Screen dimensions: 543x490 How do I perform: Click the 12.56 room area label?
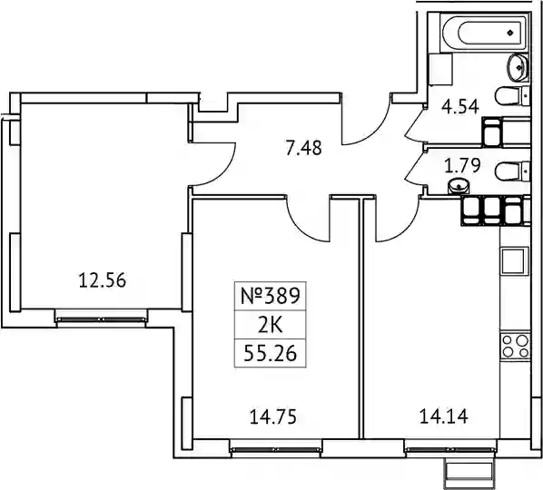pos(103,280)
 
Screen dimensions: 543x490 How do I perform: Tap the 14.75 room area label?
pos(273,416)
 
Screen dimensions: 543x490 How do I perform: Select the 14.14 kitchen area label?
pos(444,416)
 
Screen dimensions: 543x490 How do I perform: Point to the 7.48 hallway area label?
pos(304,147)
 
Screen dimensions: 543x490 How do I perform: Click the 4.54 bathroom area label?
pos(460,106)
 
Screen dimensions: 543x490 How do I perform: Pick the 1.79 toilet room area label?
pos(462,165)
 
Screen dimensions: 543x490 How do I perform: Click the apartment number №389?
pos(270,296)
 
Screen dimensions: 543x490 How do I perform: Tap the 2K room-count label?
pos(270,325)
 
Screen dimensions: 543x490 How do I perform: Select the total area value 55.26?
pos(270,354)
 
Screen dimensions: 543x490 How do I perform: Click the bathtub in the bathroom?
pos(485,33)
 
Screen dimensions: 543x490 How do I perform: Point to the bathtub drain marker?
pos(510,33)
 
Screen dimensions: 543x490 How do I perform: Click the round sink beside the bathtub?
pos(518,68)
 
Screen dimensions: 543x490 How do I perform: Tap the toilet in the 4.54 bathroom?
pos(512,96)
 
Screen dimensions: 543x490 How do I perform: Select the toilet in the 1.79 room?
pos(512,171)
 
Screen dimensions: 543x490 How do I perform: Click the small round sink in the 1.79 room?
pos(459,186)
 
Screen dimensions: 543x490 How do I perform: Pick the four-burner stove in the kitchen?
pos(516,347)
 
